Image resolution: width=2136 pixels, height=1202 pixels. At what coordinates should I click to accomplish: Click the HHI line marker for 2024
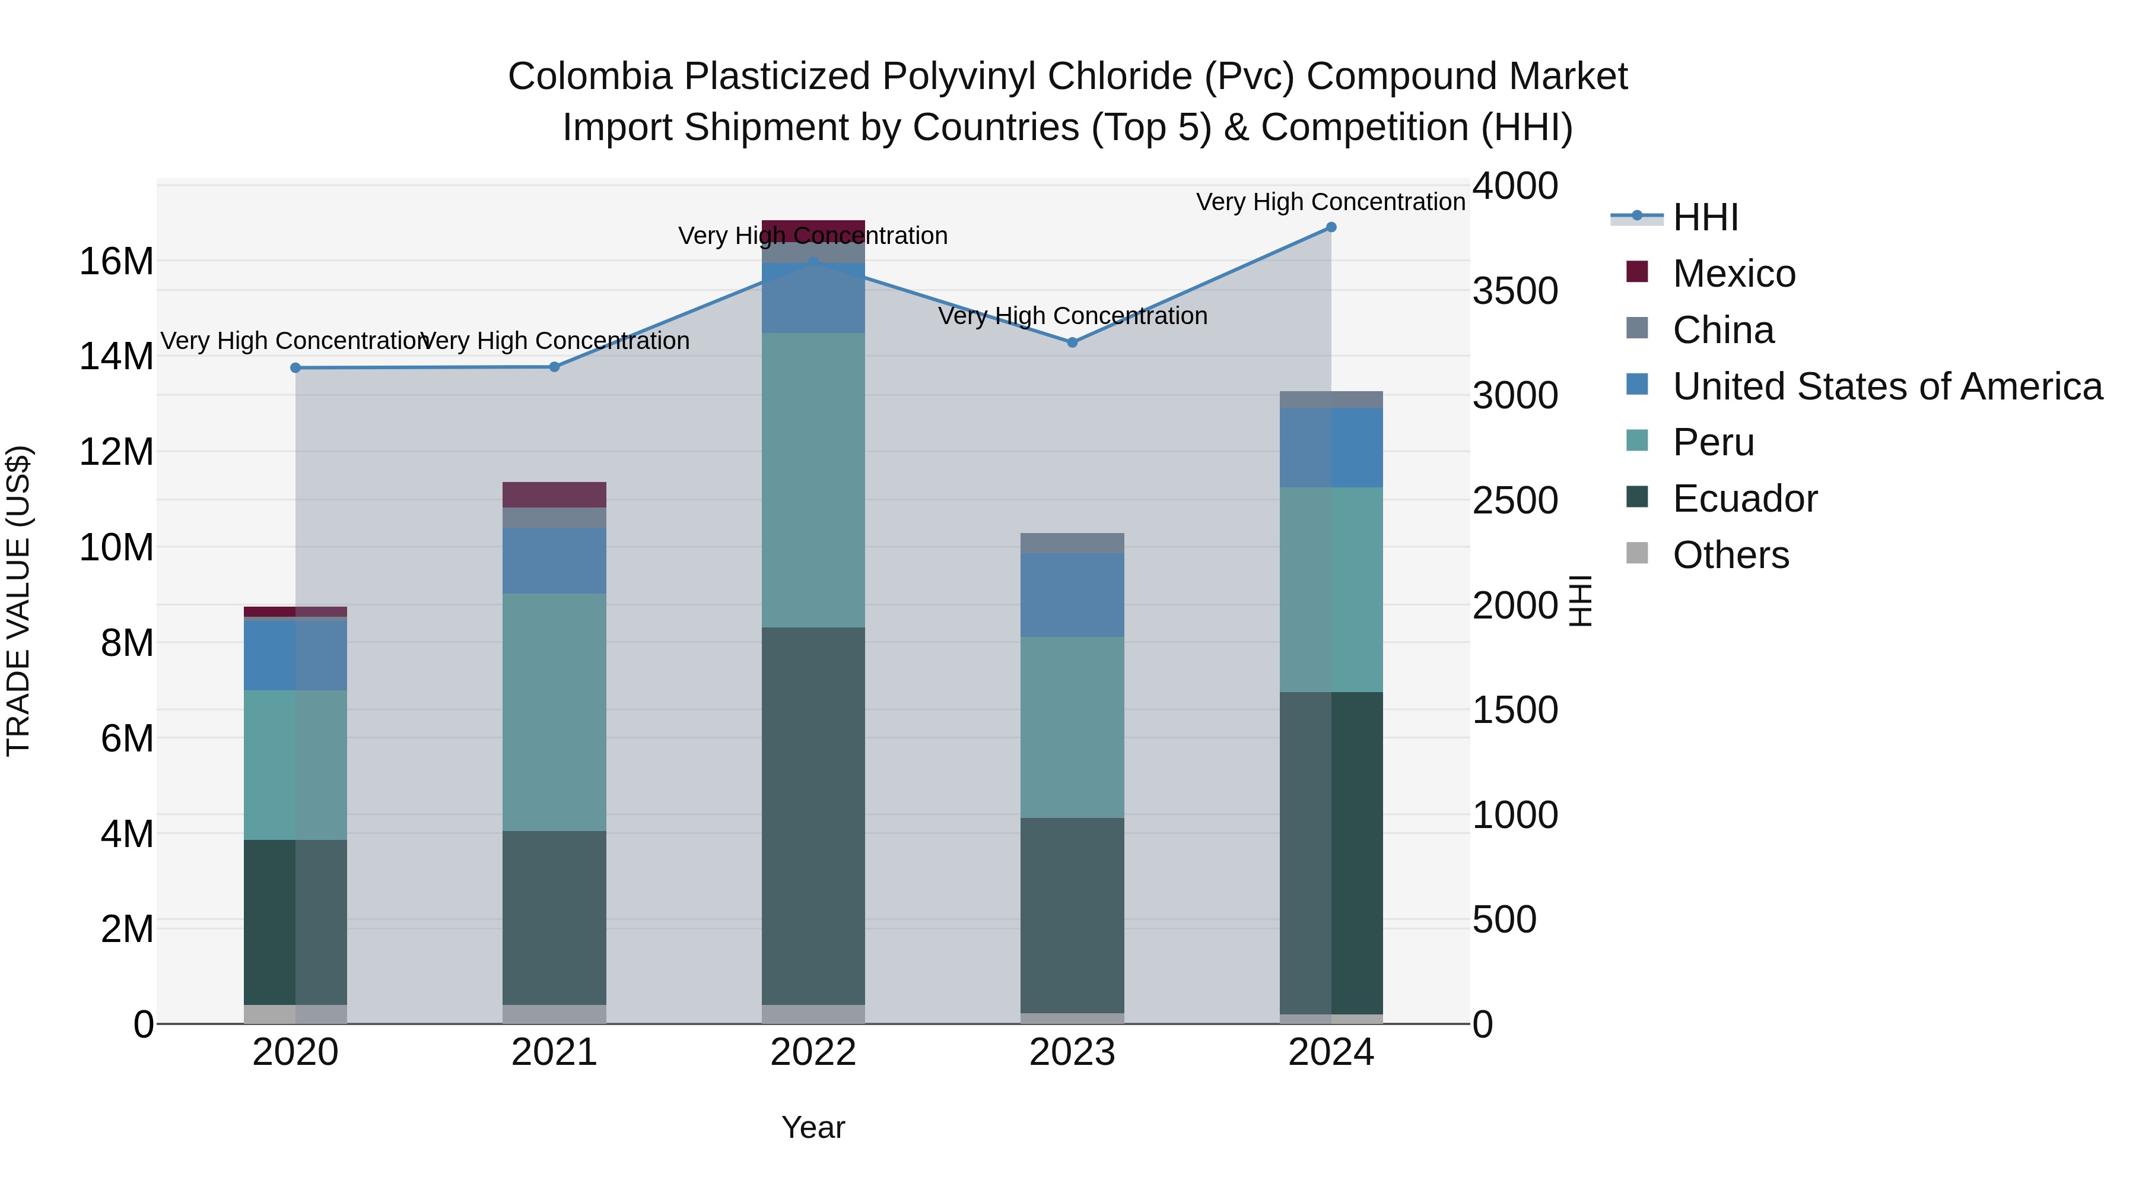[1331, 227]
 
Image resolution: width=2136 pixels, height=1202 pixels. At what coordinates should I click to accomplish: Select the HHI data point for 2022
[813, 261]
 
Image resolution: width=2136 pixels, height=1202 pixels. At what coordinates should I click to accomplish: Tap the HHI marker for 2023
[1072, 342]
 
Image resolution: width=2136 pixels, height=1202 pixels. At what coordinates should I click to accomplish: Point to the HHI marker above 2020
[295, 368]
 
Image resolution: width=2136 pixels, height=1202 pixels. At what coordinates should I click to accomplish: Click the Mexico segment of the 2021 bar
[554, 494]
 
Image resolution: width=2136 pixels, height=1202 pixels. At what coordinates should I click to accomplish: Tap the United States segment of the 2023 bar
[1072, 595]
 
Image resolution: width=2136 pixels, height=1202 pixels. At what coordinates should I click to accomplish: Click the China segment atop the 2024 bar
[1331, 400]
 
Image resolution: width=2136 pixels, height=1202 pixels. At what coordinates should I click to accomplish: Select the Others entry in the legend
[1731, 555]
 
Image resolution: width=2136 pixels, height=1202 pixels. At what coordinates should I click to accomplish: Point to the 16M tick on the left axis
[116, 262]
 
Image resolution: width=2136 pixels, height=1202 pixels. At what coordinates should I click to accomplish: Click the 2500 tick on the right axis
[1515, 501]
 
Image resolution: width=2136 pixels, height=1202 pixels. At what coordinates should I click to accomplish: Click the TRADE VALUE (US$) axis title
[18, 601]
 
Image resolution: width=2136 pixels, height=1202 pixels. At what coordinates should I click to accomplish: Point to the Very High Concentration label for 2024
[1330, 202]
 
